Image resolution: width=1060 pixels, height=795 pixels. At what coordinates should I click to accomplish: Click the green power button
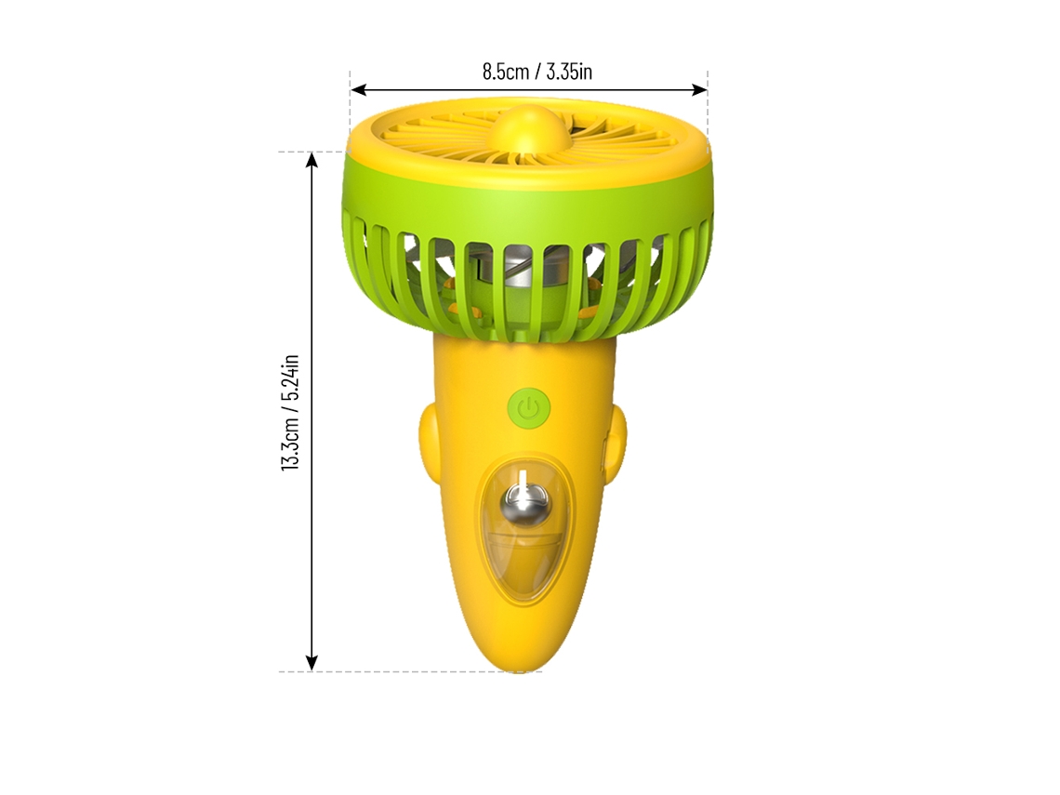[529, 407]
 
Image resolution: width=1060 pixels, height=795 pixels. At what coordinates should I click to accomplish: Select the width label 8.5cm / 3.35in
[537, 71]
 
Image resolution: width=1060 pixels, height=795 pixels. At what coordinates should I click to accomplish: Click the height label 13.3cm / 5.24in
[291, 412]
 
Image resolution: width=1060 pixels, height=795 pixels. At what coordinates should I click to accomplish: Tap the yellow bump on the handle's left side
[430, 437]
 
